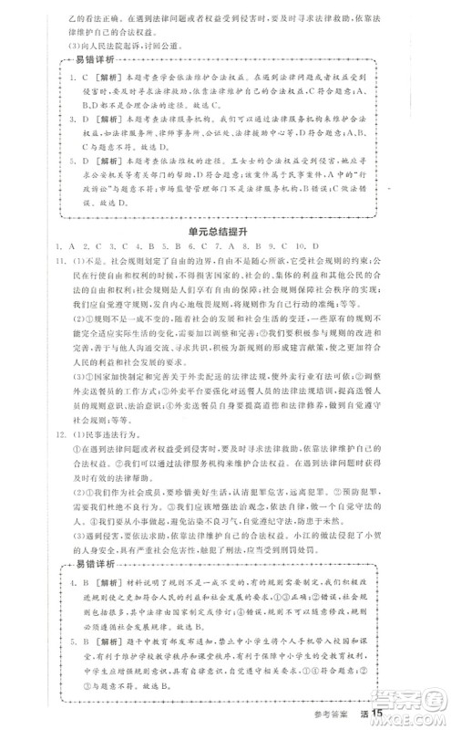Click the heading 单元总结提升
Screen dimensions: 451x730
point(224,234)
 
